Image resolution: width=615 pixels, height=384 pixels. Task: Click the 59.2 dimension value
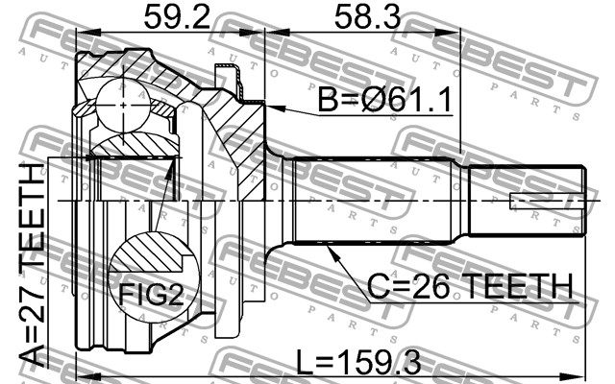pos(177,17)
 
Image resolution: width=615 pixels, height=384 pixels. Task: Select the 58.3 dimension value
pos(367,17)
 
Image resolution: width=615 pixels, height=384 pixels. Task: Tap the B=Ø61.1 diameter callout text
pos(384,100)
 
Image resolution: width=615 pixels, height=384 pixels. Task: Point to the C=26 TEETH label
pos(470,286)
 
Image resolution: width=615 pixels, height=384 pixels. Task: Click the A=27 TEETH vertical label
pos(32,265)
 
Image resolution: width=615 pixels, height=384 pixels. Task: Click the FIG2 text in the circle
pos(151,295)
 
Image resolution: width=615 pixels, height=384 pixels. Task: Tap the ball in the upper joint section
pos(123,105)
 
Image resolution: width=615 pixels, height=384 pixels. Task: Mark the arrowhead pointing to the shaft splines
pos(332,252)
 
